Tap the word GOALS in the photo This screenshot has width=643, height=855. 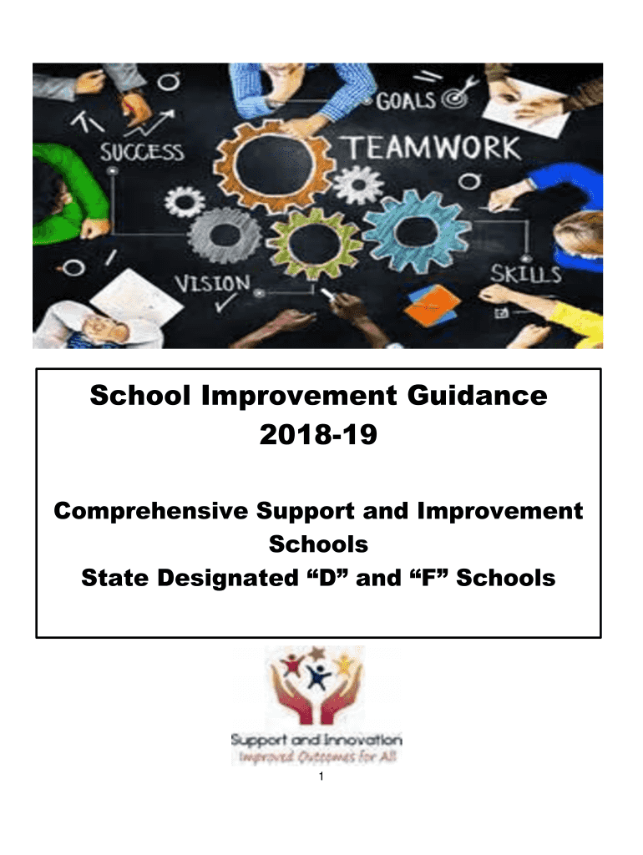(x=406, y=100)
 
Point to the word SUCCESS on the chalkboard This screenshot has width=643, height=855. (x=142, y=152)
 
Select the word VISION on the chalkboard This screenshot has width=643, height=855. (x=213, y=284)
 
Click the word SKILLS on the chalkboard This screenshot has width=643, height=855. (x=526, y=274)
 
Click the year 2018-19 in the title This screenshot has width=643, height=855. (x=318, y=434)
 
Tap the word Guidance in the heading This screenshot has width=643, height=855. (x=477, y=395)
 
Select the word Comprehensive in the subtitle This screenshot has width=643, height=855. (x=151, y=512)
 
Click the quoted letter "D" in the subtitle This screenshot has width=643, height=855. (x=327, y=578)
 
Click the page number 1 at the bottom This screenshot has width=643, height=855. (x=321, y=777)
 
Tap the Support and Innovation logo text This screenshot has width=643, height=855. (x=316, y=740)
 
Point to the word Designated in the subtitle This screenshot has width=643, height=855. (x=227, y=578)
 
